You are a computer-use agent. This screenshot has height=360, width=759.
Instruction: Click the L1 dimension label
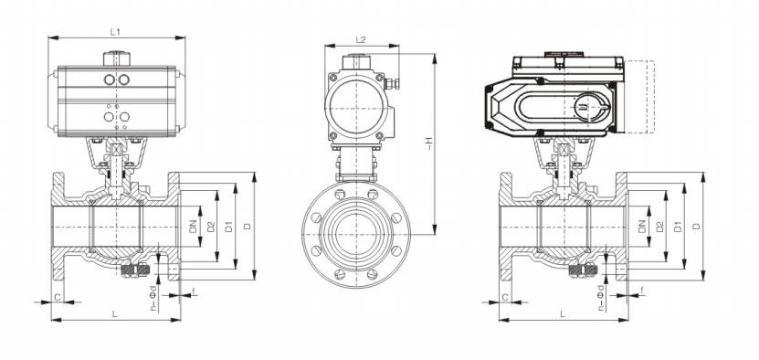point(115,32)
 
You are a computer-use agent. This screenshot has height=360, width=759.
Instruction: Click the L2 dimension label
point(361,39)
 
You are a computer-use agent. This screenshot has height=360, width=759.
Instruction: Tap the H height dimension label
point(428,142)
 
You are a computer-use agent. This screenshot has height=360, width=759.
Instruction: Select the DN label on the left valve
point(194,227)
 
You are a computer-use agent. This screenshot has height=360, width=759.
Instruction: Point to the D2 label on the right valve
point(659,227)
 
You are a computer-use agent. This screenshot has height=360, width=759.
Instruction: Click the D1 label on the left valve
point(229,227)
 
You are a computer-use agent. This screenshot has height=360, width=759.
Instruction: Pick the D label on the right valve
point(697,227)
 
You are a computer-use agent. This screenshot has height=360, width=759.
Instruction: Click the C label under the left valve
point(58,297)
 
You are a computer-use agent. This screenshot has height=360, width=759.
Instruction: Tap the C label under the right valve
point(505,297)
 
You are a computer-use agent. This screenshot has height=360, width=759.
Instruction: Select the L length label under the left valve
point(115,314)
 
